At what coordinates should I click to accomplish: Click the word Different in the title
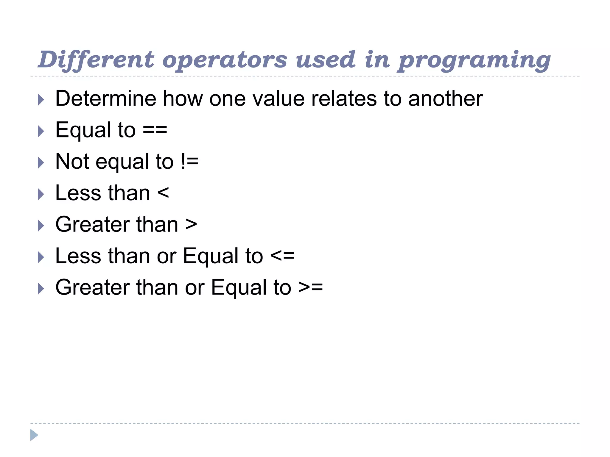pyautogui.click(x=96, y=60)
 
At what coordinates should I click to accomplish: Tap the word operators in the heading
pyautogui.click(x=225, y=60)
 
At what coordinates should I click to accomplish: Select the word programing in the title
pyautogui.click(x=474, y=60)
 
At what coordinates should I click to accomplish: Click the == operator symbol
pyautogui.click(x=155, y=130)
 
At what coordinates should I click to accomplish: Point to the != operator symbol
pyautogui.click(x=189, y=162)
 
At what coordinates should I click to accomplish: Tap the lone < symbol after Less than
pyautogui.click(x=163, y=193)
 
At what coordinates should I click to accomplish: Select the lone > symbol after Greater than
pyautogui.click(x=191, y=224)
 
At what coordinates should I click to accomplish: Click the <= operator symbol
pyautogui.click(x=282, y=256)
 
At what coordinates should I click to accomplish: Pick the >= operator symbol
pyautogui.click(x=311, y=287)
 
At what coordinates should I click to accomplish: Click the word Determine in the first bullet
pyautogui.click(x=106, y=98)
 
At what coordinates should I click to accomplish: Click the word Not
pyautogui.click(x=72, y=162)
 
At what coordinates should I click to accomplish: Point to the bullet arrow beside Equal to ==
pyautogui.click(x=41, y=131)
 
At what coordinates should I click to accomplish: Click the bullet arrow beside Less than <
pyautogui.click(x=41, y=194)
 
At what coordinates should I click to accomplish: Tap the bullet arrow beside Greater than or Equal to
pyautogui.click(x=41, y=289)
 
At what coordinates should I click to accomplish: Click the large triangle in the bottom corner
pyautogui.click(x=34, y=435)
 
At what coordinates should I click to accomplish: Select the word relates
pyautogui.click(x=344, y=98)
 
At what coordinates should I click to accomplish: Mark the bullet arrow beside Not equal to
pyautogui.click(x=41, y=163)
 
